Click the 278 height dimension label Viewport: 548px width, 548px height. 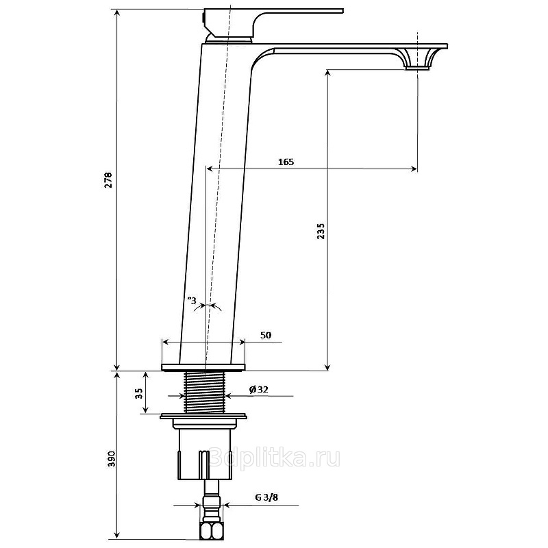pyautogui.click(x=109, y=179)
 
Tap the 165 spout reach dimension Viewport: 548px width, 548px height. pyautogui.click(x=286, y=162)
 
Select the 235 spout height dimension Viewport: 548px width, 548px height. pyautogui.click(x=321, y=231)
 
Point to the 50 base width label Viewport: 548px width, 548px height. pyautogui.click(x=266, y=335)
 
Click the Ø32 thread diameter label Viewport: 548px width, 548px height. pyautogui.click(x=259, y=389)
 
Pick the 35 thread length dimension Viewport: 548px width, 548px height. pyautogui.click(x=139, y=393)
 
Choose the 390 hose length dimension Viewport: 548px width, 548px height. pyautogui.click(x=111, y=459)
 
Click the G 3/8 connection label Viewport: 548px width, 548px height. pyautogui.click(x=266, y=497)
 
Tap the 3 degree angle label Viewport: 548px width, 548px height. pyautogui.click(x=192, y=300)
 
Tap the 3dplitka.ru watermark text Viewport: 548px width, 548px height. pyautogui.click(x=275, y=457)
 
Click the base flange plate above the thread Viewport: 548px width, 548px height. pyautogui.click(x=203, y=367)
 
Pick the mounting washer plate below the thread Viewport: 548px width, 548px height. pyautogui.click(x=203, y=416)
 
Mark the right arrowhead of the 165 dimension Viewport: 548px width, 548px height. pyautogui.click(x=414, y=169)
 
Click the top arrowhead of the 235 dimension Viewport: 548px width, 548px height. pyautogui.click(x=327, y=73)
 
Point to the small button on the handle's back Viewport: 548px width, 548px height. pyautogui.click(x=203, y=16)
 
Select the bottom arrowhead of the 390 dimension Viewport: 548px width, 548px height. pyautogui.click(x=117, y=536)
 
